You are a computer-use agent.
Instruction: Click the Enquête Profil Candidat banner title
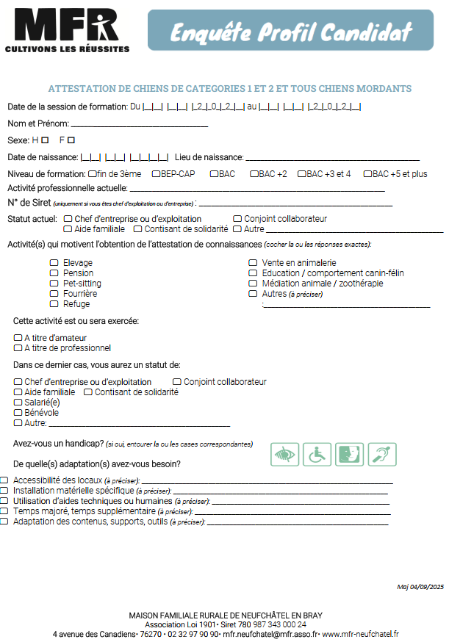291,32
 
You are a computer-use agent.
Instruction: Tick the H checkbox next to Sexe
45,140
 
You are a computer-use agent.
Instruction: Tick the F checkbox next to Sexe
71,140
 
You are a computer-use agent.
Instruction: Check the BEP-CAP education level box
155,174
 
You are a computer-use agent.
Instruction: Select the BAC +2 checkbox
254,174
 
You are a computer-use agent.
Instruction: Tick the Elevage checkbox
54,263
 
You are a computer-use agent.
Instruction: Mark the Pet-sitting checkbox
54,284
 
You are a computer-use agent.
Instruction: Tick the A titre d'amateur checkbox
18,338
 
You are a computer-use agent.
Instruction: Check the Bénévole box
18,413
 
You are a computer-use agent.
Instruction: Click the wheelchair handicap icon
317,455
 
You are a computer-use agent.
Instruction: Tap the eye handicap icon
284,455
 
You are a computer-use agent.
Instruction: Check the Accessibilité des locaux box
5,480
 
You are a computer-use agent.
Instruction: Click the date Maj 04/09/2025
420,586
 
